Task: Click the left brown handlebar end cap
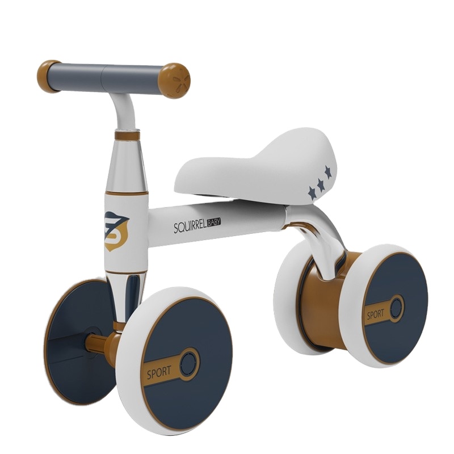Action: coord(49,75)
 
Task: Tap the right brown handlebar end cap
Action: coord(174,80)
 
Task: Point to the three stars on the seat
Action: coord(320,182)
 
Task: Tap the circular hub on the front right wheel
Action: coord(189,362)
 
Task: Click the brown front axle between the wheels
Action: coord(99,344)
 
